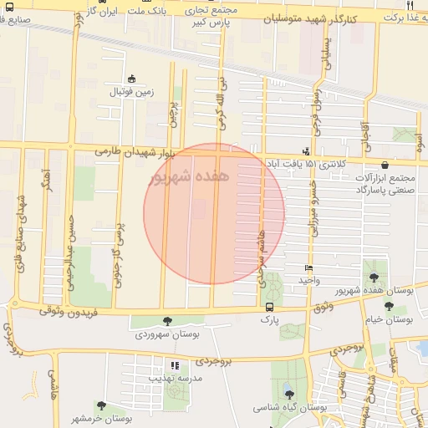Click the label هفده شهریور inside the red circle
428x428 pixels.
(x=190, y=177)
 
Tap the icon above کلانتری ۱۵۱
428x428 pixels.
(x=306, y=151)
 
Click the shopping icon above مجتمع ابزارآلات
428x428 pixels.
(x=385, y=165)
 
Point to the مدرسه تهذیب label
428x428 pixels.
(x=173, y=377)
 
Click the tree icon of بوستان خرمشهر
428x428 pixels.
(x=101, y=405)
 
